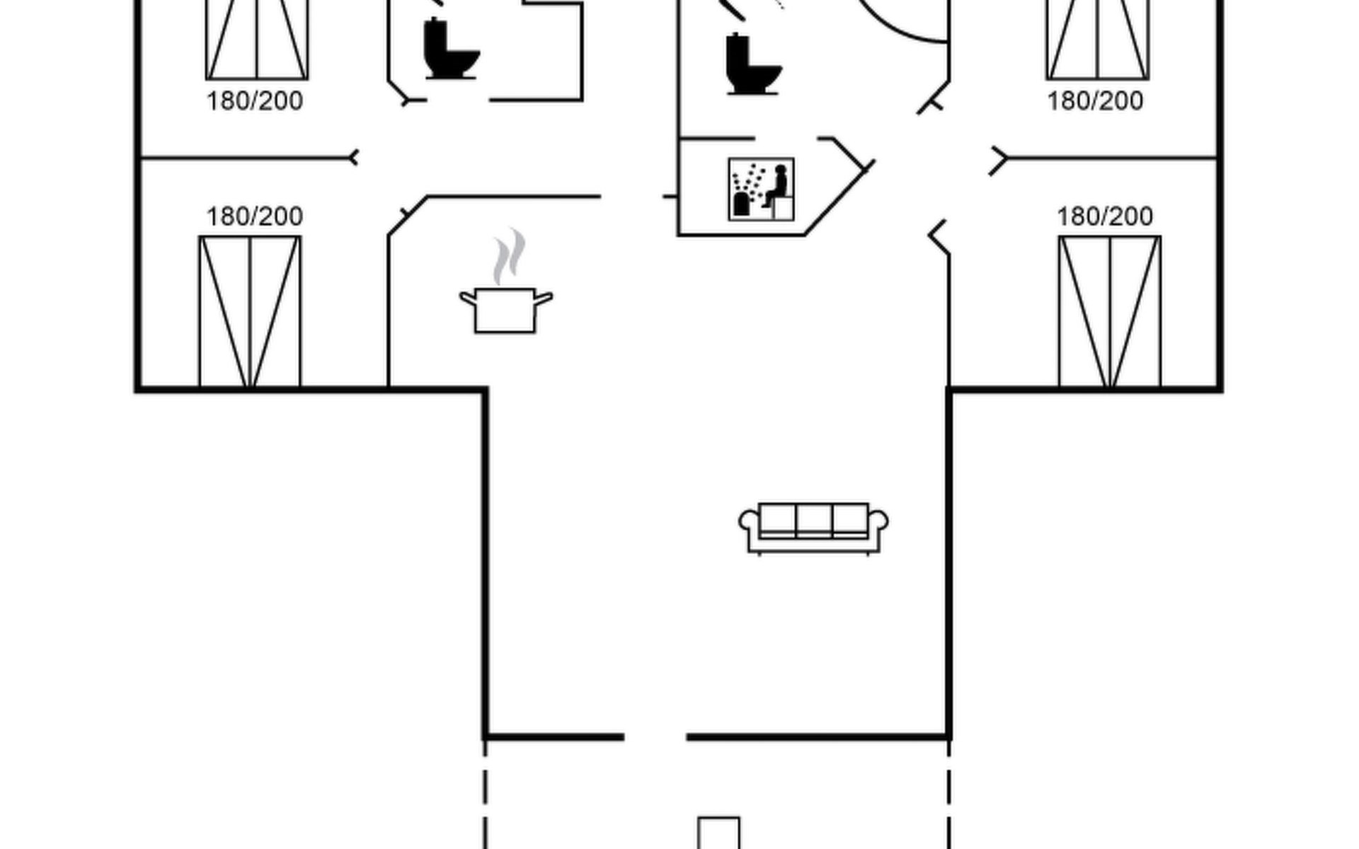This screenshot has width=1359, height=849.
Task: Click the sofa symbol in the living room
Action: click(813, 529)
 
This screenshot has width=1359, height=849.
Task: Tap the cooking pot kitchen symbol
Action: click(505, 309)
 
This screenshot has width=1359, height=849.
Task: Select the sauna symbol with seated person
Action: click(761, 190)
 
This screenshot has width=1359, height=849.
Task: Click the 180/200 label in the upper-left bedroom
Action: click(255, 101)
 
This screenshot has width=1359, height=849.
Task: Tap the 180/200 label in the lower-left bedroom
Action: click(255, 216)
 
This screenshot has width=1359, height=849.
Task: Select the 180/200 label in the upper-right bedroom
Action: click(1095, 101)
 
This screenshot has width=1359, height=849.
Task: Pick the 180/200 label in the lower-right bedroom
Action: click(1105, 216)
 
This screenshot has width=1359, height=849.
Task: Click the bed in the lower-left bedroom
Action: click(250, 311)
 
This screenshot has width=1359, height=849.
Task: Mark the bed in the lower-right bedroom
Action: click(1110, 311)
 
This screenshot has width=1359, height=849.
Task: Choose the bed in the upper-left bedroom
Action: click(257, 40)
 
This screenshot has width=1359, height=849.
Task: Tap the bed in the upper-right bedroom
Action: click(1098, 40)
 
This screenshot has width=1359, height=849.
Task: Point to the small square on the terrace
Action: click(719, 833)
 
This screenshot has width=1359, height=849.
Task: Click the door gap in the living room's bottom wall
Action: click(655, 737)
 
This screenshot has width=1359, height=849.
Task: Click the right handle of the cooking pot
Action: click(543, 299)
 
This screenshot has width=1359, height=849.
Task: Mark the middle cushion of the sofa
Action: click(814, 521)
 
